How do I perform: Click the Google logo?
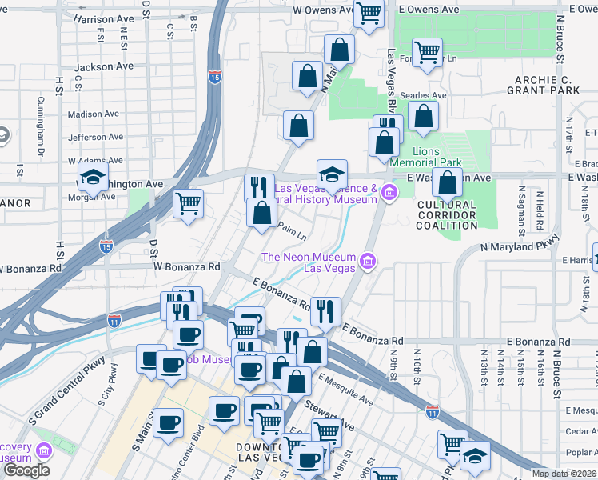coord(26,470)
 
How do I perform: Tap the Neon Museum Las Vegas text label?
coord(309,262)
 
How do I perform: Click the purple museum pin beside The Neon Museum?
coord(368,261)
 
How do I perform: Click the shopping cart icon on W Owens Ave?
coord(369,13)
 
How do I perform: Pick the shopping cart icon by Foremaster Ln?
coord(428,53)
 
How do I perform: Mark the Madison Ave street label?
coord(94,114)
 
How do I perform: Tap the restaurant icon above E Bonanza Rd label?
coord(325,311)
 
